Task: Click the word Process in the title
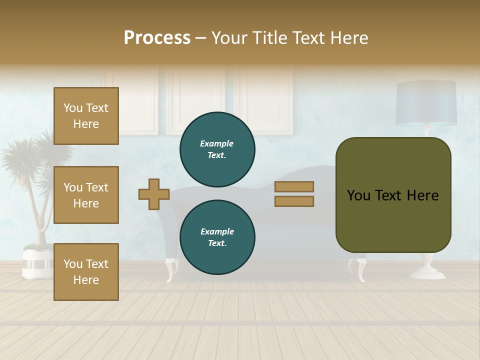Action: click(157, 38)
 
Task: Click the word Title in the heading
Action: click(268, 38)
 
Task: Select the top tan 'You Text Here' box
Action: click(86, 116)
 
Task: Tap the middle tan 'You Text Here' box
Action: click(86, 195)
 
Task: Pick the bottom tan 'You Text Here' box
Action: click(86, 271)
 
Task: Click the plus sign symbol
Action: click(154, 194)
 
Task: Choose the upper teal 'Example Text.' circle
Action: click(217, 149)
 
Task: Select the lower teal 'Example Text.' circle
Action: click(217, 237)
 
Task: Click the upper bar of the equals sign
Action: click(294, 186)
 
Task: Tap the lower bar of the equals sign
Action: click(294, 201)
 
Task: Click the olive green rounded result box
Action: click(393, 195)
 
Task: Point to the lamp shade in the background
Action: click(426, 103)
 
